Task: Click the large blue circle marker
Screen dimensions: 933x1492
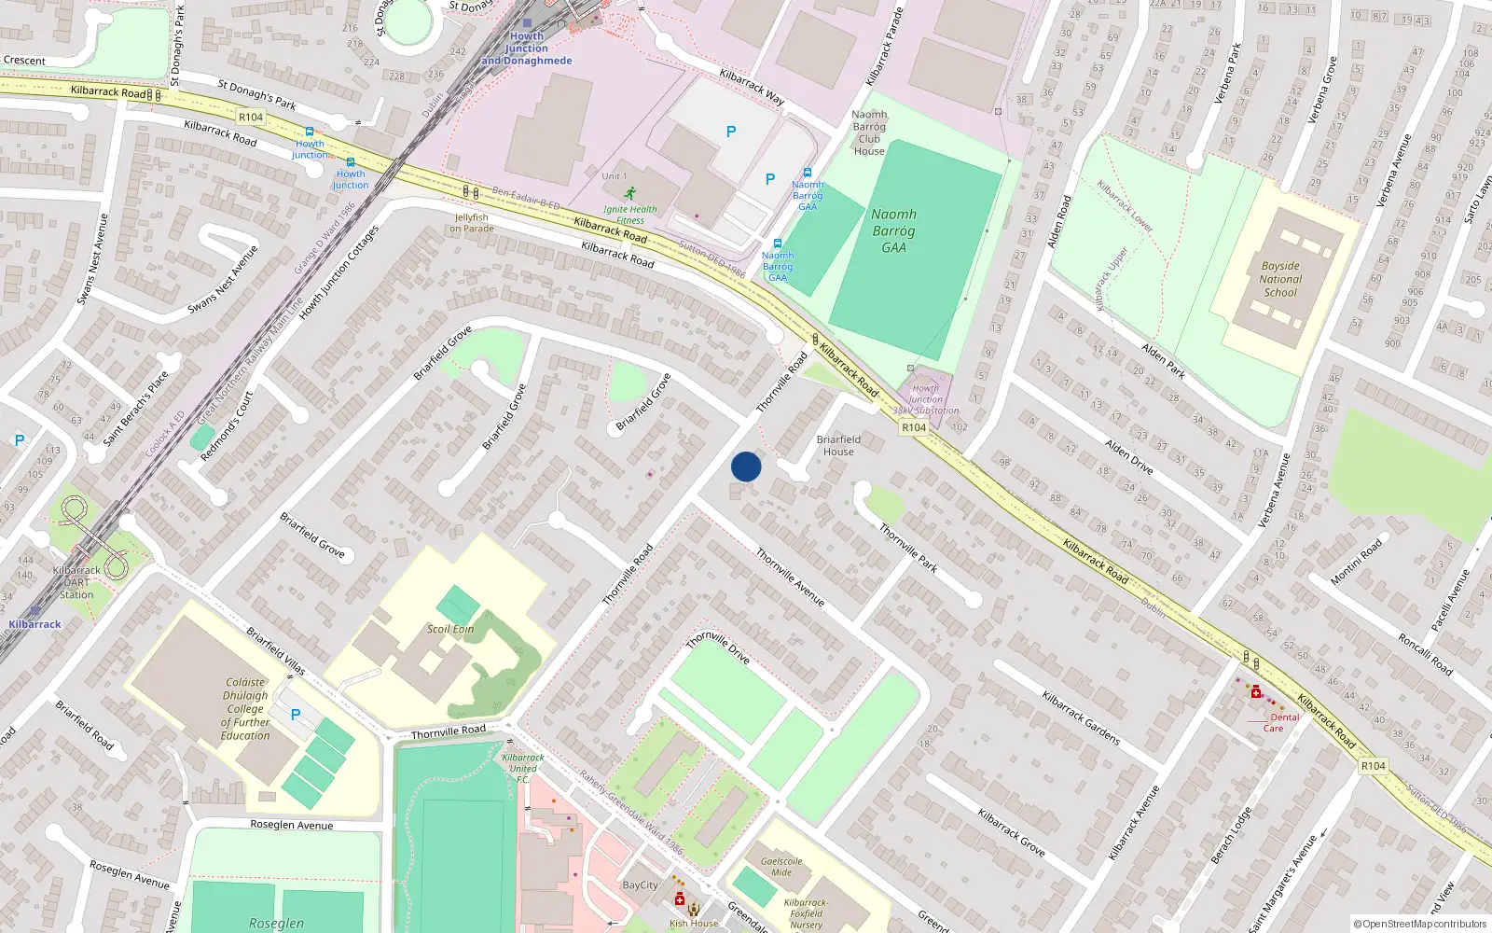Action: point(746,466)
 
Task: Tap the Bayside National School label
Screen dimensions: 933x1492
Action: point(1280,279)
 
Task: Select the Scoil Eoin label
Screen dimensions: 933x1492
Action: point(450,629)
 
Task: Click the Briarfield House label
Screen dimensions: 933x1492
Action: point(838,445)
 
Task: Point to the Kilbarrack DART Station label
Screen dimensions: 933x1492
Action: point(76,582)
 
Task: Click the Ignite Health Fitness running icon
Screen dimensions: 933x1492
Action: point(630,193)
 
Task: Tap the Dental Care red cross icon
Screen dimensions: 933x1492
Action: point(1256,691)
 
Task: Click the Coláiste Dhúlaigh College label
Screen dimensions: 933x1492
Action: point(245,709)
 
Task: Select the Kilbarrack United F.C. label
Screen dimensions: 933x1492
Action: point(522,768)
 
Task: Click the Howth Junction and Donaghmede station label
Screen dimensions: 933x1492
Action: point(527,49)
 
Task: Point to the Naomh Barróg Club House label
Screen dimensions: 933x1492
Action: point(869,132)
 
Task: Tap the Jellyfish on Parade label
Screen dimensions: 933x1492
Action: point(472,223)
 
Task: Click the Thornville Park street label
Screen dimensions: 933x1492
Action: point(908,548)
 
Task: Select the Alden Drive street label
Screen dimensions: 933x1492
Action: point(1129,456)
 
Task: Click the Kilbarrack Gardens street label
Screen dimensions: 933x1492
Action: point(1081,717)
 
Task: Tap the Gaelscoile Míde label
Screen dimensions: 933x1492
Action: point(781,867)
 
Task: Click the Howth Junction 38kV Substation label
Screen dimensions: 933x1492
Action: point(925,399)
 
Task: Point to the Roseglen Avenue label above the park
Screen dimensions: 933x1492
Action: point(291,825)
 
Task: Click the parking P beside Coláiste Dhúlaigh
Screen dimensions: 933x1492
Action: point(296,715)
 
